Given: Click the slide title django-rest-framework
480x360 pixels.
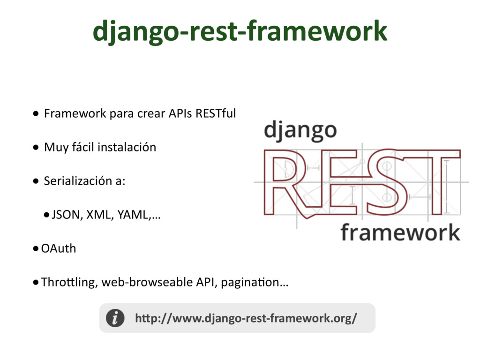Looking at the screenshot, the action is pos(240,31).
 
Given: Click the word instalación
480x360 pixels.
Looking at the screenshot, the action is pos(127,147).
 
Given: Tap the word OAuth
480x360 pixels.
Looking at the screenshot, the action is pos(59,248).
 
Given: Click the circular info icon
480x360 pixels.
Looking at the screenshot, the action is pos(115,318).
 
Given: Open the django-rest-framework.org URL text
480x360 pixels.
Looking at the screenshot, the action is pos(246,318).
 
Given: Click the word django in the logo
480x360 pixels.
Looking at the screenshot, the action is pos(300,130).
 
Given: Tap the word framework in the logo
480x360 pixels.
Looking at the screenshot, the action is pos(400,232).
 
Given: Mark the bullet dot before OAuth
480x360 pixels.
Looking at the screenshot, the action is pos(36,249).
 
